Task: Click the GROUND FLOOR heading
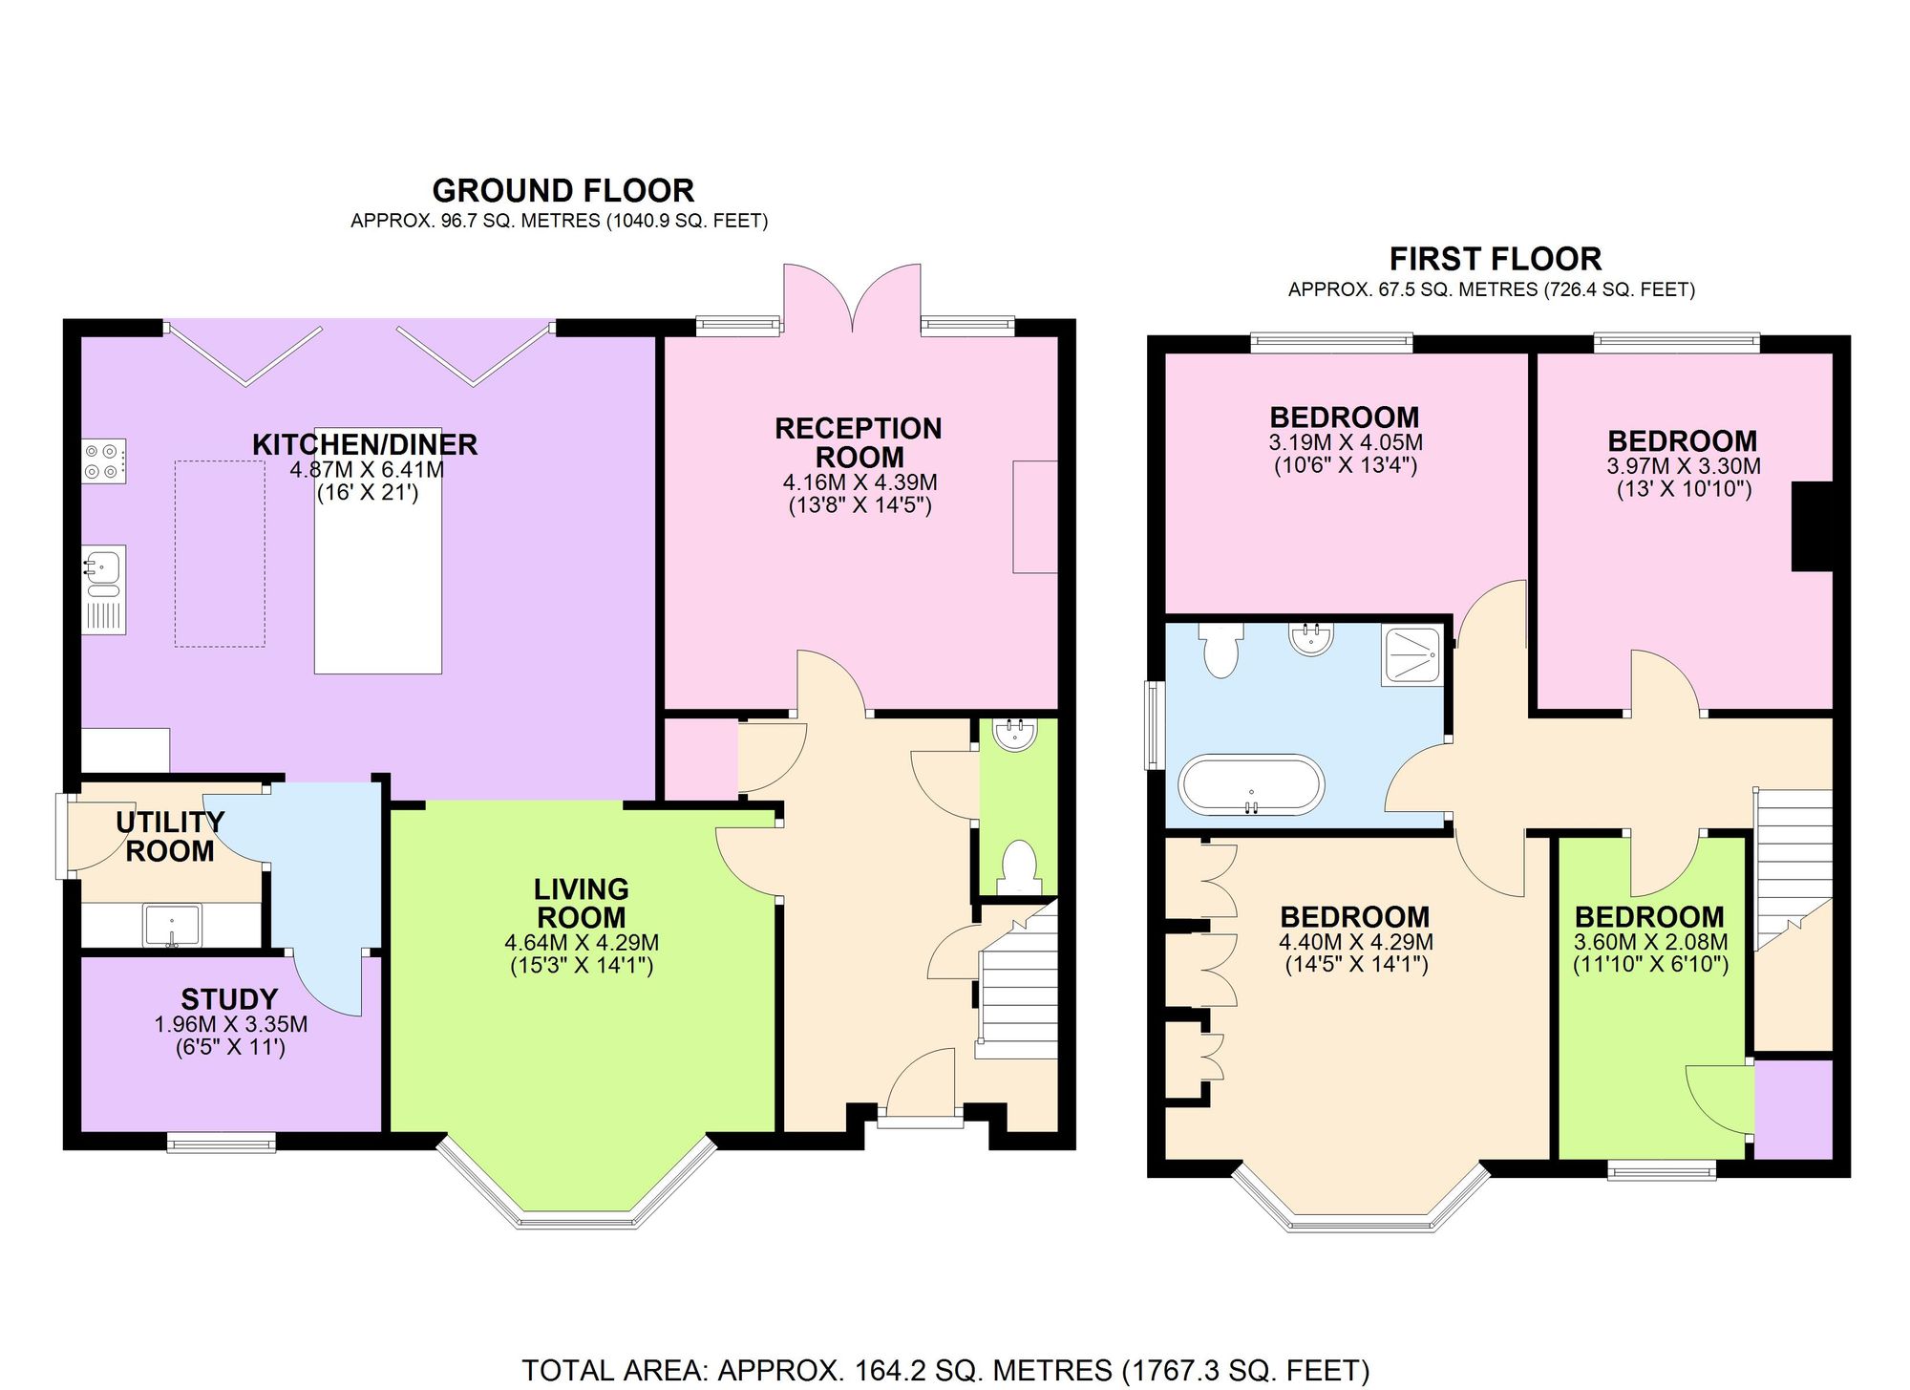coord(562,190)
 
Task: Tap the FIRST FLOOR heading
coord(1495,259)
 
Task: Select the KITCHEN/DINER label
coord(365,444)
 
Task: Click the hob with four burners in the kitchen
coord(103,460)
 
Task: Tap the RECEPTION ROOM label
coord(859,442)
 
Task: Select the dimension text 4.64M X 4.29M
coord(581,943)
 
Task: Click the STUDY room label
coord(229,999)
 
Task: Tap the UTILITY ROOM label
coord(170,836)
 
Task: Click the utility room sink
coord(172,926)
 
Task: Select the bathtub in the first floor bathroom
coord(1251,785)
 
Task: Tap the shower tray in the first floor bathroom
coord(1411,654)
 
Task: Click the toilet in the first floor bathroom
coord(1220,649)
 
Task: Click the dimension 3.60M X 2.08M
coord(1650,942)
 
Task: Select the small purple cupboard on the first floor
coord(1793,1109)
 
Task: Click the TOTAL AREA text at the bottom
coord(945,1370)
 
